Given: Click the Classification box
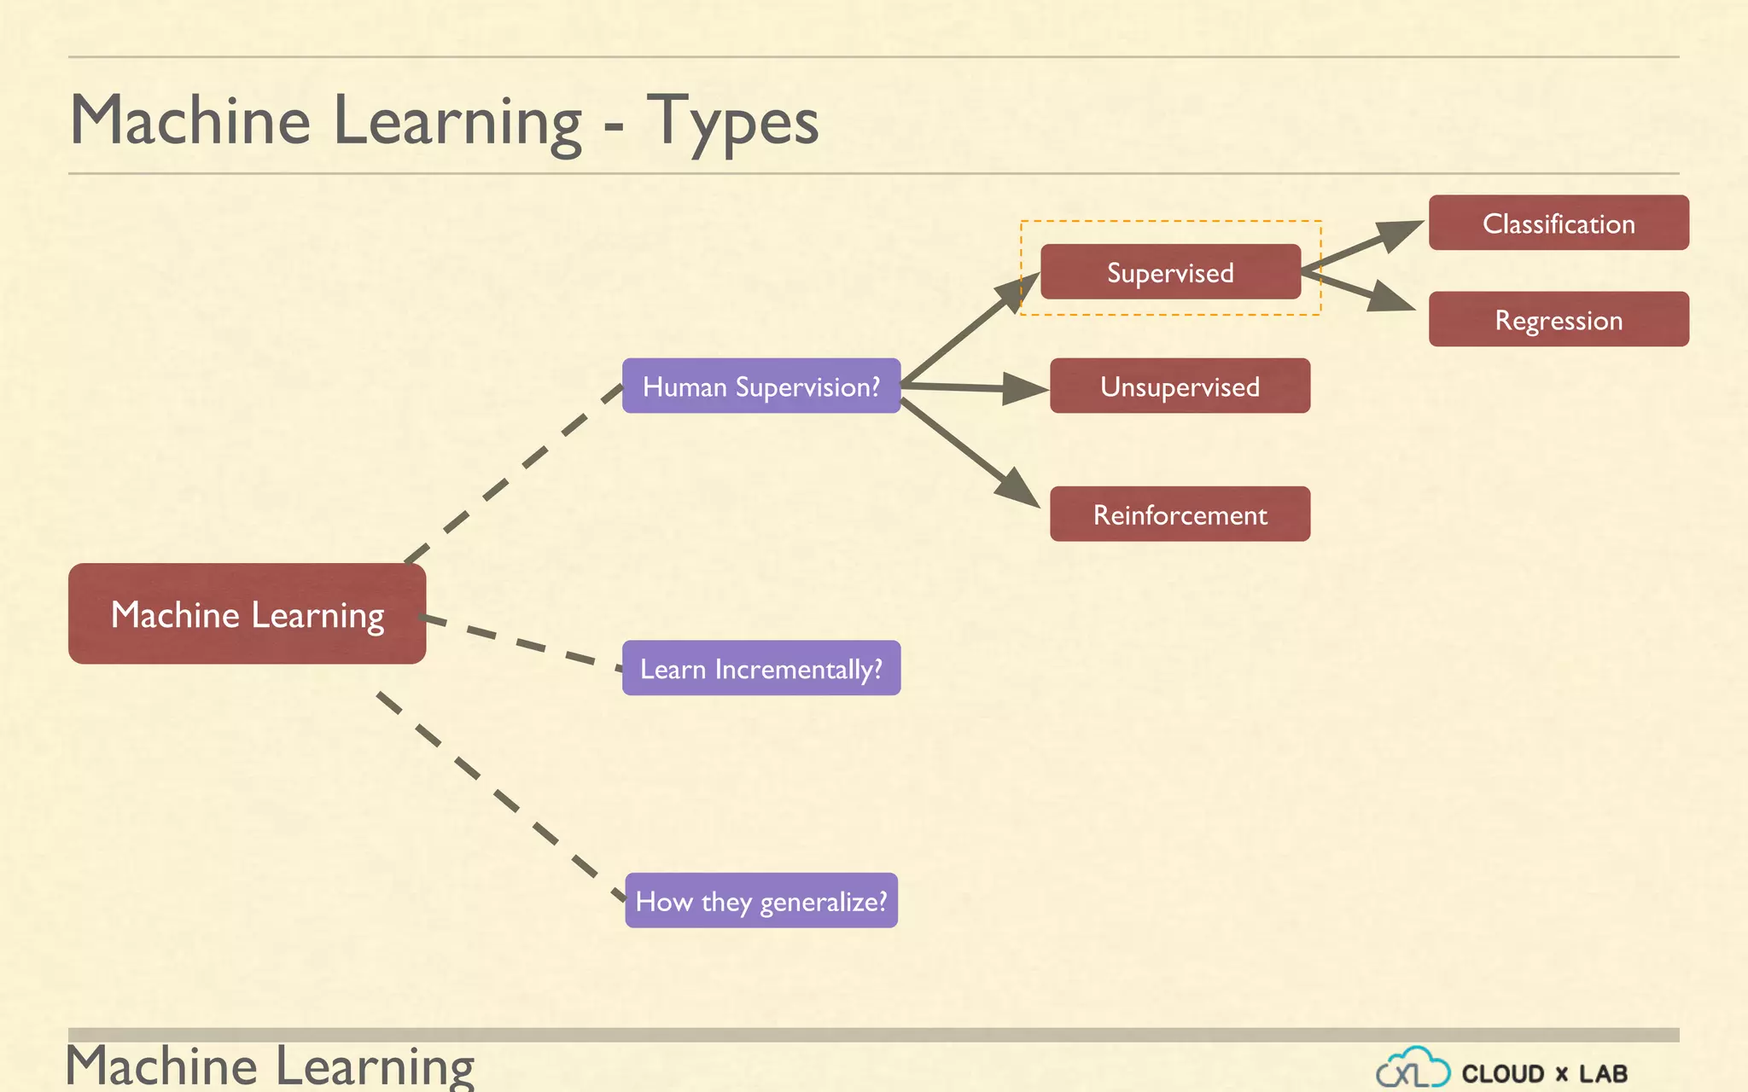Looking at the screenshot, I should [x=1559, y=223].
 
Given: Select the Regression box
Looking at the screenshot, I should [x=1559, y=319].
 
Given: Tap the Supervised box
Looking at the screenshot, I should [x=1170, y=272].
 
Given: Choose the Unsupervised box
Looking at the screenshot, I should [x=1180, y=386].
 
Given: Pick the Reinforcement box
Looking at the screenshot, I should [x=1180, y=514].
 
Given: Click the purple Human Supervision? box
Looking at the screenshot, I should [x=760, y=386].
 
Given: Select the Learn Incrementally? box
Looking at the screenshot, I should [x=760, y=668].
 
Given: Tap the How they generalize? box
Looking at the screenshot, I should [x=760, y=900].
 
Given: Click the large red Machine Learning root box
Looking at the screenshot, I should [x=247, y=613].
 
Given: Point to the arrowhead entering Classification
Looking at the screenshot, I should [x=1400, y=234].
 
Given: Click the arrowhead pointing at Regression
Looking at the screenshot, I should [x=1391, y=299].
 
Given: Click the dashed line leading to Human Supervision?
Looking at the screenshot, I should [x=512, y=473].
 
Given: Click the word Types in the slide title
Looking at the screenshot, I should [x=732, y=121].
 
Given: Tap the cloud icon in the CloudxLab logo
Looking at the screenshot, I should [x=1413, y=1067].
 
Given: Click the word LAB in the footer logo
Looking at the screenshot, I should [x=1603, y=1073].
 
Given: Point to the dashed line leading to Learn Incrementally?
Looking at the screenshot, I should [x=521, y=642].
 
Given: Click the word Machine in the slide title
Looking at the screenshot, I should [x=189, y=121].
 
